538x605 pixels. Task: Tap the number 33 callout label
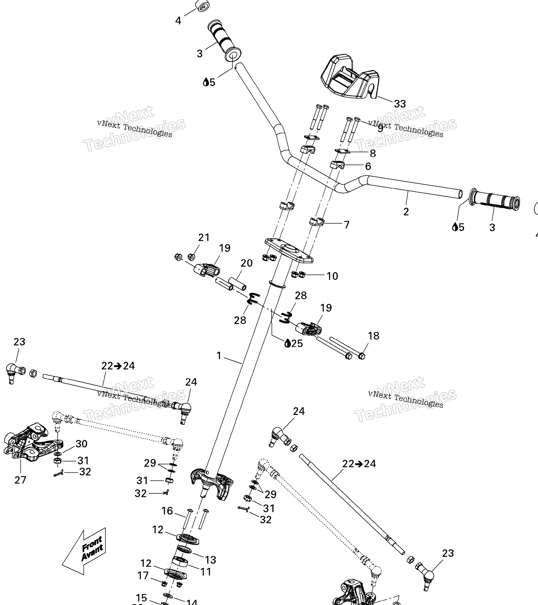click(400, 104)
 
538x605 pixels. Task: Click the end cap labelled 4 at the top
click(202, 6)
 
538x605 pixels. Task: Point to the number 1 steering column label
click(219, 356)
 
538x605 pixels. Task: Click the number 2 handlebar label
click(406, 212)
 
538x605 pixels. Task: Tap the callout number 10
click(332, 276)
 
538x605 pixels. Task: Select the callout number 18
click(373, 336)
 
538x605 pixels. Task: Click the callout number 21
click(204, 237)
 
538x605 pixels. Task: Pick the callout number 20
click(246, 263)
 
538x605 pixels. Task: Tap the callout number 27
click(20, 480)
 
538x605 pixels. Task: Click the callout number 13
click(210, 560)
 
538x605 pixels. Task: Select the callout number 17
click(143, 575)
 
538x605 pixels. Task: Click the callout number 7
click(346, 225)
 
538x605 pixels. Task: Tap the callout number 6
click(368, 166)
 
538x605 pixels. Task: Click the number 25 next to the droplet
click(297, 343)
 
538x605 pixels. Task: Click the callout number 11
click(205, 572)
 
